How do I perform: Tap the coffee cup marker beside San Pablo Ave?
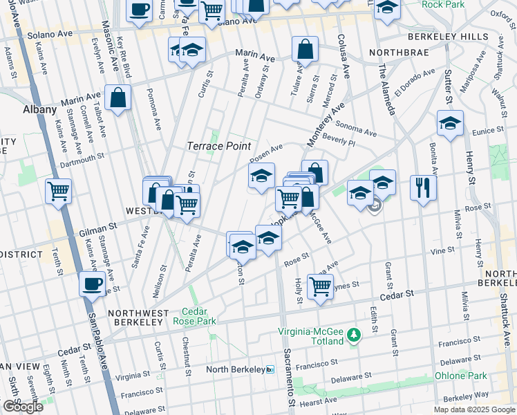(92, 283)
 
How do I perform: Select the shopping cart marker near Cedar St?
(320, 284)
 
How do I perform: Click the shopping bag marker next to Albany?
(119, 98)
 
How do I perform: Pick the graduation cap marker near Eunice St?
(450, 124)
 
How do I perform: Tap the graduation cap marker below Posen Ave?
(261, 176)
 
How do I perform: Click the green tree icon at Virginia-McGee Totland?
(354, 335)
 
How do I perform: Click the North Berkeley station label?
(236, 369)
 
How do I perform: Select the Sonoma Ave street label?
(357, 129)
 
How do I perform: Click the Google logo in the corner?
(23, 407)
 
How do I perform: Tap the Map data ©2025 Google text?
(474, 409)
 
